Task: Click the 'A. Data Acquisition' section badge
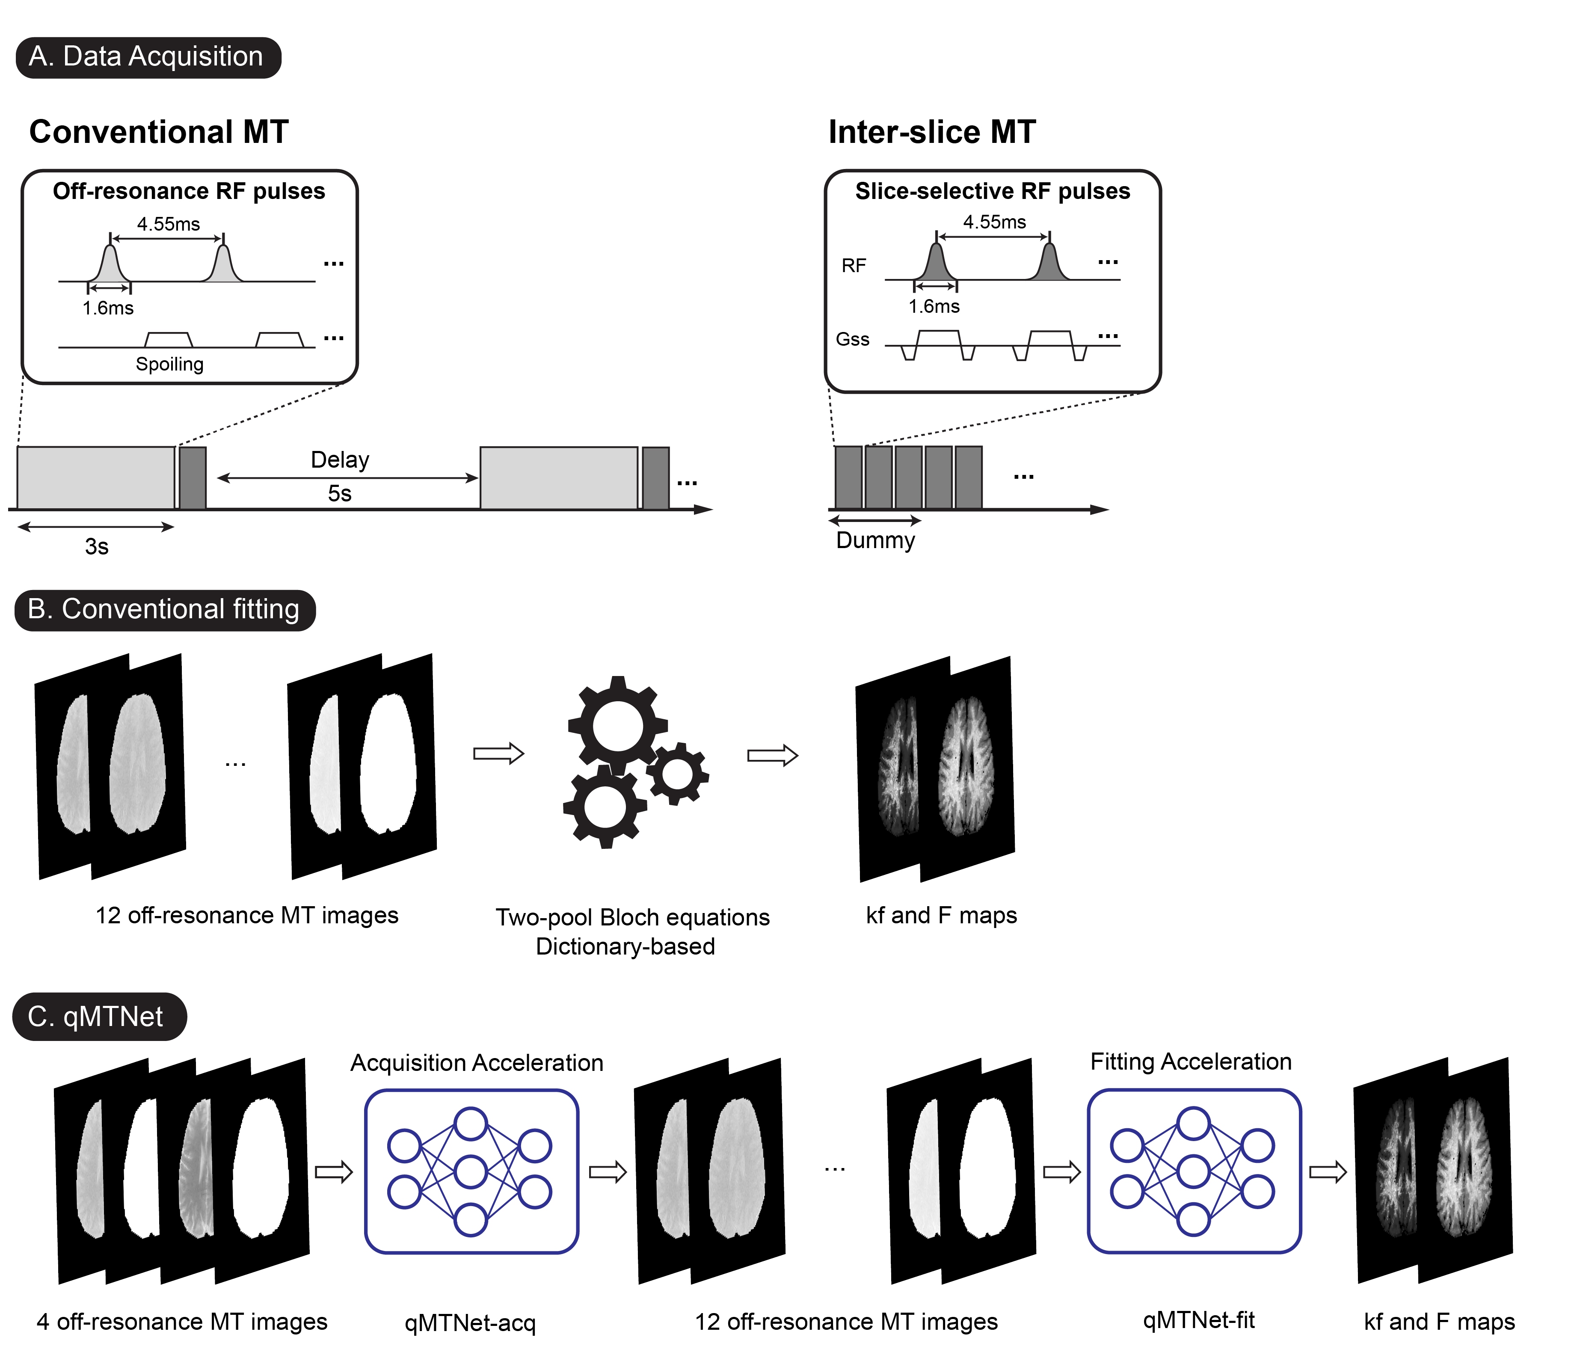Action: [x=148, y=57]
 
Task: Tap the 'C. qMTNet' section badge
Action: [x=99, y=1016]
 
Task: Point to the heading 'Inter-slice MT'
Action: [x=931, y=132]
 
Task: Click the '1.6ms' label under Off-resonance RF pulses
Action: [x=108, y=308]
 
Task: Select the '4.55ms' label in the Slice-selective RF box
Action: [x=994, y=222]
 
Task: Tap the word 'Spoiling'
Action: [x=169, y=365]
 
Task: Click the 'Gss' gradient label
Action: [x=852, y=340]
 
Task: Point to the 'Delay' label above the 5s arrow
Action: [x=340, y=460]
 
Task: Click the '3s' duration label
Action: [x=96, y=547]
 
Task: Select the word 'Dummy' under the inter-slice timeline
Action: [x=875, y=541]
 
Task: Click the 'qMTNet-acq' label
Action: [x=470, y=1323]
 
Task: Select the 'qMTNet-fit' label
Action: [x=1199, y=1321]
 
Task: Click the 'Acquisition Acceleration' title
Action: [x=476, y=1062]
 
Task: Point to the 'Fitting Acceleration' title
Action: [x=1190, y=1061]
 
